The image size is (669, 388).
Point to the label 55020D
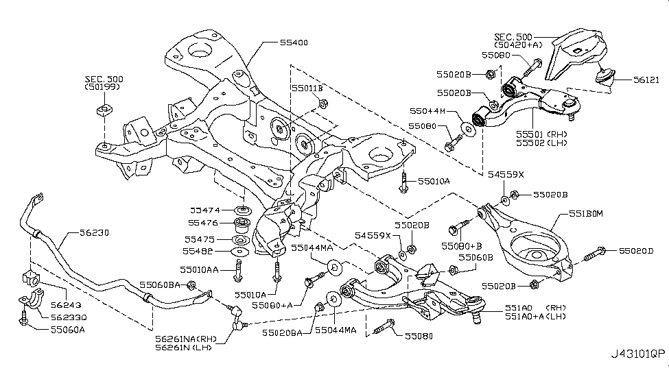pyautogui.click(x=637, y=252)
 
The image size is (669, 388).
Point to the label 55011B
pyautogui.click(x=307, y=88)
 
